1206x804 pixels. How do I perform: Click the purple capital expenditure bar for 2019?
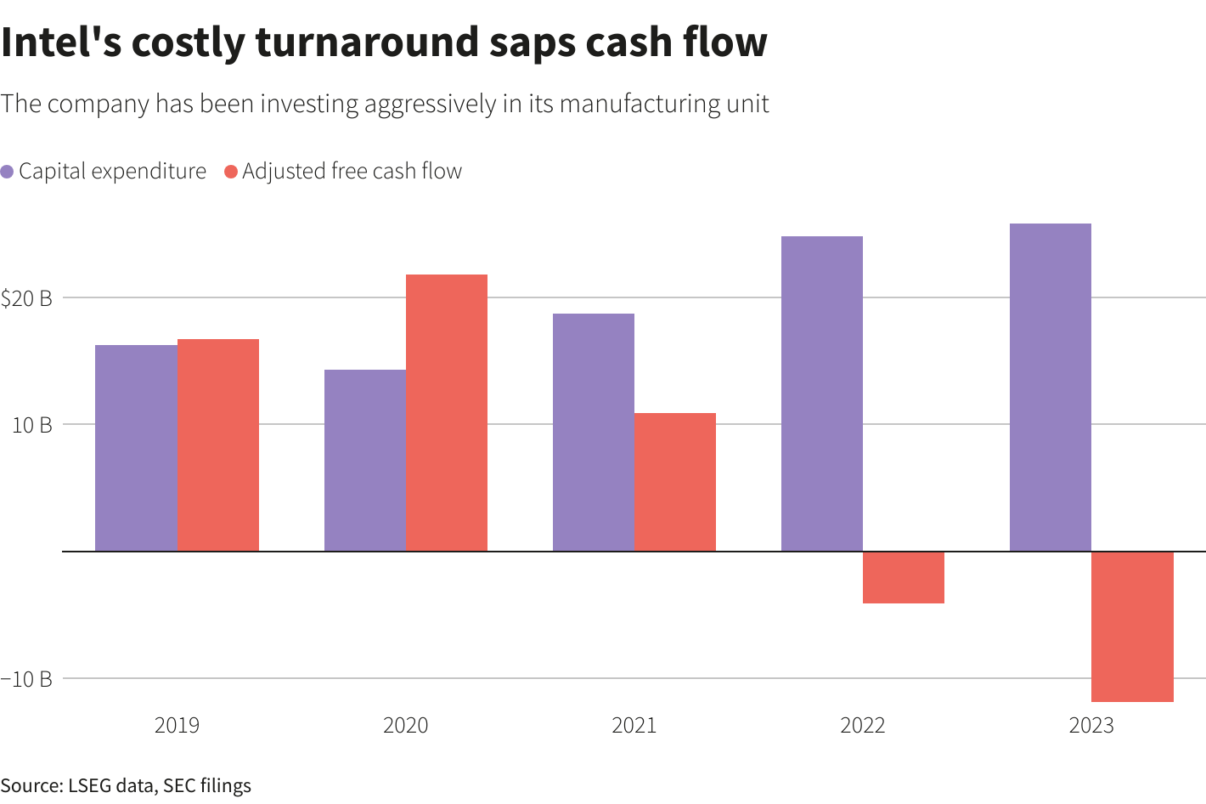(136, 448)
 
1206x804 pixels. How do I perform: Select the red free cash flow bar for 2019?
(218, 444)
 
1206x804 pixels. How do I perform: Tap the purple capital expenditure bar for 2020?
(365, 460)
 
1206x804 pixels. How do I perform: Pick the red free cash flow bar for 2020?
(447, 412)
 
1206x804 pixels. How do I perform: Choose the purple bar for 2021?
(594, 432)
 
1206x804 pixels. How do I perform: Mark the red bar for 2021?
(675, 482)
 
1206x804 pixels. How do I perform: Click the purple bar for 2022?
(822, 394)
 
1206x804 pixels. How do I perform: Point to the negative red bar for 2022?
(904, 577)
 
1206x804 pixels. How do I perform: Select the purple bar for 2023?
(1051, 387)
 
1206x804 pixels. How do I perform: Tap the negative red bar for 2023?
(1132, 626)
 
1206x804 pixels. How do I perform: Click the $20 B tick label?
(26, 298)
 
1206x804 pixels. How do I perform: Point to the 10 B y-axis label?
(32, 425)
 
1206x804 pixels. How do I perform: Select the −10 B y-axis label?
(26, 679)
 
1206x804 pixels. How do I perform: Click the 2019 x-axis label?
(177, 725)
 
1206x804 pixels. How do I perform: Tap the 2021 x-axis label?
(634, 725)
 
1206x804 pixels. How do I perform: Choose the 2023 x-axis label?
(1091, 725)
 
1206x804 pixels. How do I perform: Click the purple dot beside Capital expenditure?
(7, 172)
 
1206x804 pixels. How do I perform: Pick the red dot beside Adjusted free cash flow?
(230, 172)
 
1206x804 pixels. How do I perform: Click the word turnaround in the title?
(369, 42)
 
